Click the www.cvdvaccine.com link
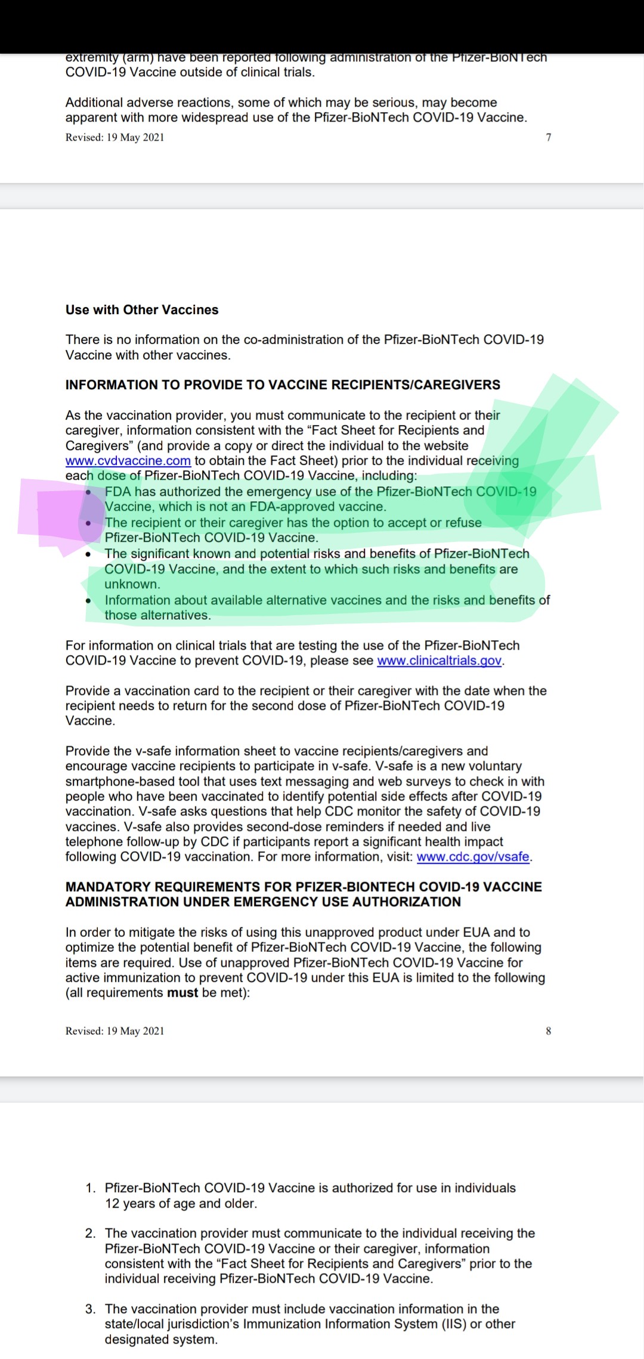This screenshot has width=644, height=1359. [x=128, y=461]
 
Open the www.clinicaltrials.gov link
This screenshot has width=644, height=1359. [x=439, y=660]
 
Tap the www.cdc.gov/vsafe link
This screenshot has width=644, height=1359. [x=473, y=857]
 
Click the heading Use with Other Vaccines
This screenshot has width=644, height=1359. [x=142, y=310]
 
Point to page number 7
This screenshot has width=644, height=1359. [x=549, y=137]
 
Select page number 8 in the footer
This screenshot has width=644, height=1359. [x=549, y=1031]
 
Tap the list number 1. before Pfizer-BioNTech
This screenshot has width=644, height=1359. [x=90, y=1188]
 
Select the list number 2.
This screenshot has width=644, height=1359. [x=90, y=1233]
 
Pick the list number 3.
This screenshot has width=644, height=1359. [x=90, y=1309]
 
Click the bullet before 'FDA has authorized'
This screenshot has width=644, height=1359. [x=88, y=492]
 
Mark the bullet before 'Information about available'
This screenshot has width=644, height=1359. [x=88, y=601]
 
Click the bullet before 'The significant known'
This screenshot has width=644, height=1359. [x=88, y=554]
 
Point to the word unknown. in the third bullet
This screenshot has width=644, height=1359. [x=132, y=584]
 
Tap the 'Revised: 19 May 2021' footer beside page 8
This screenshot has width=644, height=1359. [x=114, y=1031]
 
